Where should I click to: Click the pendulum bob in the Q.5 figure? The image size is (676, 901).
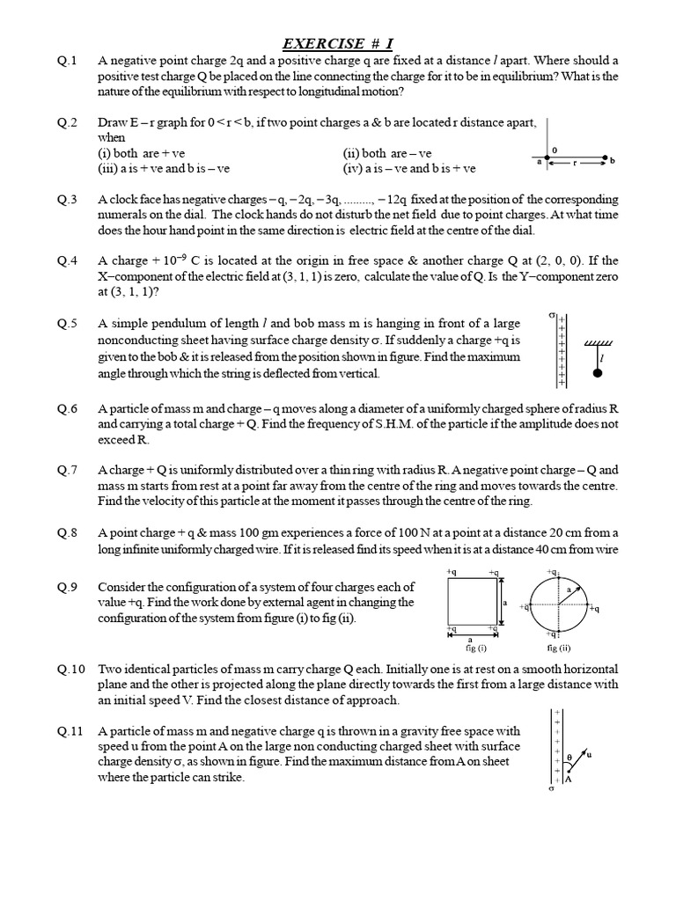pyautogui.click(x=598, y=373)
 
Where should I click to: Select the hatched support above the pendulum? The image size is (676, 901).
pyautogui.click(x=598, y=342)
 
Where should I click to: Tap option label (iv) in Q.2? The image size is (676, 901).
pyautogui.click(x=353, y=168)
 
